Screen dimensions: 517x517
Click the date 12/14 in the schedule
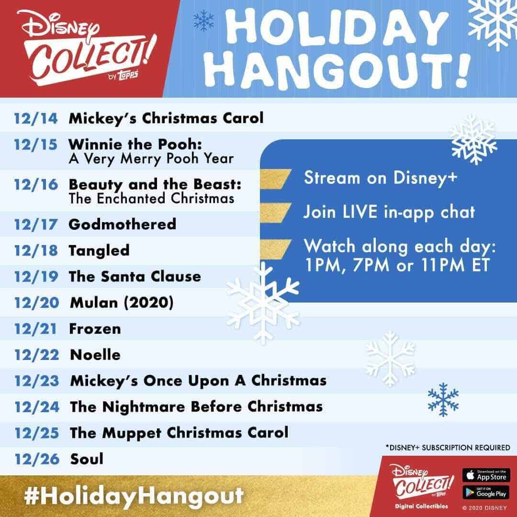(35, 118)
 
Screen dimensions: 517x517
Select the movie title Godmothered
(123, 224)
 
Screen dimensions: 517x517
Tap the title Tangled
(99, 251)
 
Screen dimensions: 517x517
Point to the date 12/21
(35, 329)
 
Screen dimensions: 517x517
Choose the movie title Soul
(87, 459)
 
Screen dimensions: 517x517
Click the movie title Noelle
(95, 355)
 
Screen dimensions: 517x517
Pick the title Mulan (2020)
(122, 303)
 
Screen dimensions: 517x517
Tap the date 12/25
(36, 433)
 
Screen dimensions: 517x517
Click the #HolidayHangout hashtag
(134, 496)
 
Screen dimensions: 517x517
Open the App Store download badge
(486, 475)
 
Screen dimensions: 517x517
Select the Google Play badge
(486, 492)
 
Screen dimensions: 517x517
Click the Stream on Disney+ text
(381, 179)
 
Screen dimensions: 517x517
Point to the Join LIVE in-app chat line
(389, 212)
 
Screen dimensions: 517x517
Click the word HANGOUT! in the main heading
(337, 70)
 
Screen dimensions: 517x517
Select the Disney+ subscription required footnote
(448, 448)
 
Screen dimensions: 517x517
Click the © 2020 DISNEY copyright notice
(484, 508)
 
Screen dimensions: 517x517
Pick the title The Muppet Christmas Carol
(179, 433)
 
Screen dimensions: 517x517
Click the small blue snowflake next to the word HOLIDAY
(203, 21)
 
